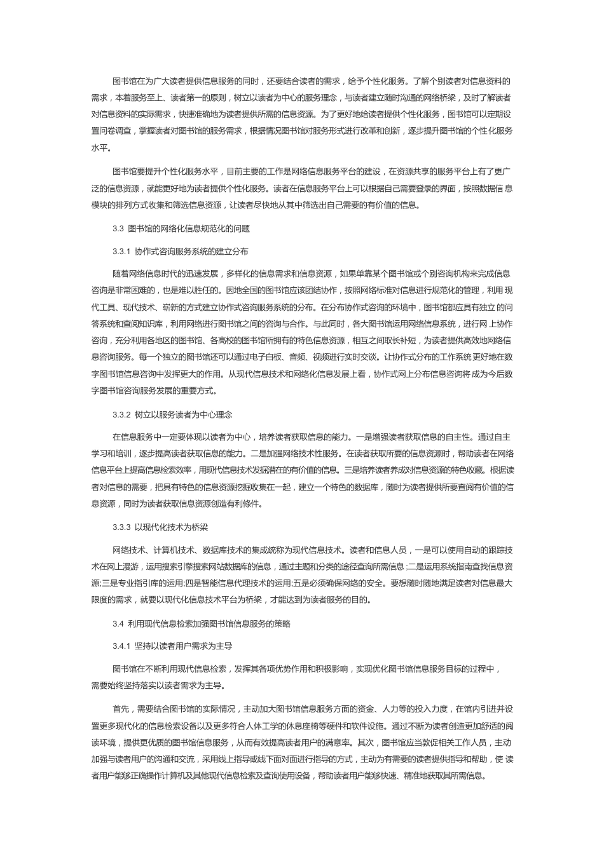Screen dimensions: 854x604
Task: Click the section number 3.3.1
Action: click(121, 252)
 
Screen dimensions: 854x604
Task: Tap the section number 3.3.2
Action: click(121, 415)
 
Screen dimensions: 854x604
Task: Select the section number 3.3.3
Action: click(121, 527)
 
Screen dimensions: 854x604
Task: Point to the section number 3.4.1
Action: click(121, 646)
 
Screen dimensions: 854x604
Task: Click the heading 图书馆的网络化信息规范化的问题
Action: click(189, 228)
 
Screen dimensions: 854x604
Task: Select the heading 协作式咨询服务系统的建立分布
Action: click(191, 252)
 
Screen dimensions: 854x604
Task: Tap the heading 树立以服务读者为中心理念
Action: click(184, 415)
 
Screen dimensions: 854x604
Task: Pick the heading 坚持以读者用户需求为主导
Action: click(184, 646)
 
